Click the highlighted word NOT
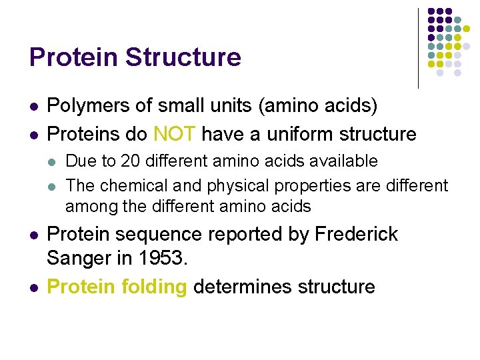point(174,134)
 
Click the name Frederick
point(356,234)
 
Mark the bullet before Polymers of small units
point(32,106)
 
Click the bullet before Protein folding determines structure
point(32,287)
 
